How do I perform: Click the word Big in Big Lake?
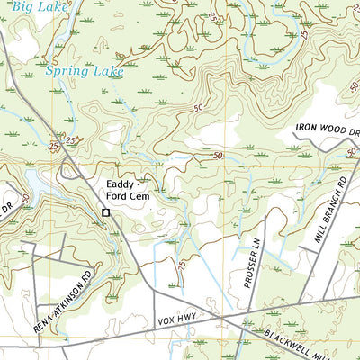tap(13, 6)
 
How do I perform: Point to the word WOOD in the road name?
tap(339, 130)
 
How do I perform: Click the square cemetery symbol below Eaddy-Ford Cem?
tap(106, 212)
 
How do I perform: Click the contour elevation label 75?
tap(182, 266)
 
